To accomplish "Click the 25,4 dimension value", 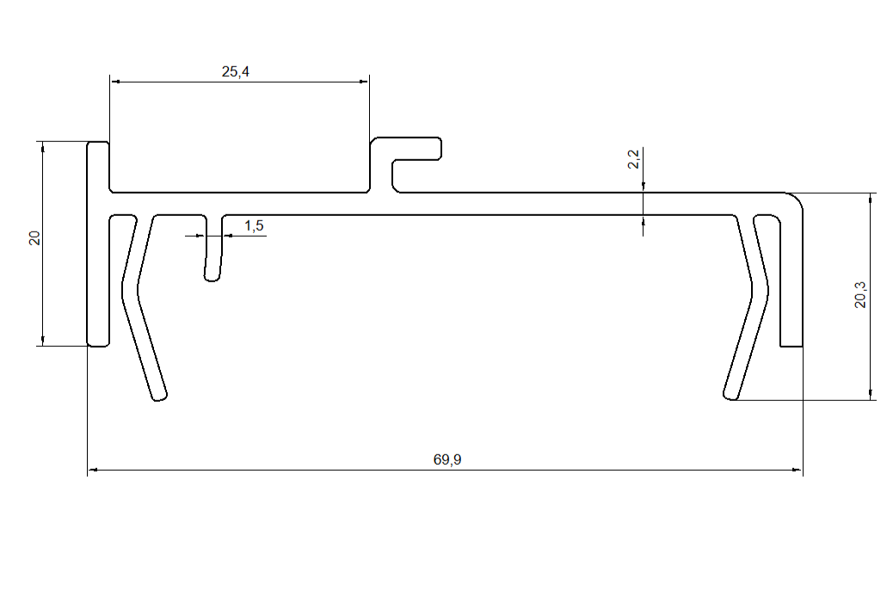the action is point(235,71).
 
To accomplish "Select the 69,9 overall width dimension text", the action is point(447,459).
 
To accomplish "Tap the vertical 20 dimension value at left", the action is point(34,238).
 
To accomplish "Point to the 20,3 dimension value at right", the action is point(860,295).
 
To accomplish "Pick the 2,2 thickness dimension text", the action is point(633,159).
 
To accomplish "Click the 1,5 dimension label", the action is point(254,226).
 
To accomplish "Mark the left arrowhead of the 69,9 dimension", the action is point(93,470).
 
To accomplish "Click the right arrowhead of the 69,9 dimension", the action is point(797,470).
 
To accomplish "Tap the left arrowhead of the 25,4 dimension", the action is point(115,82).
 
